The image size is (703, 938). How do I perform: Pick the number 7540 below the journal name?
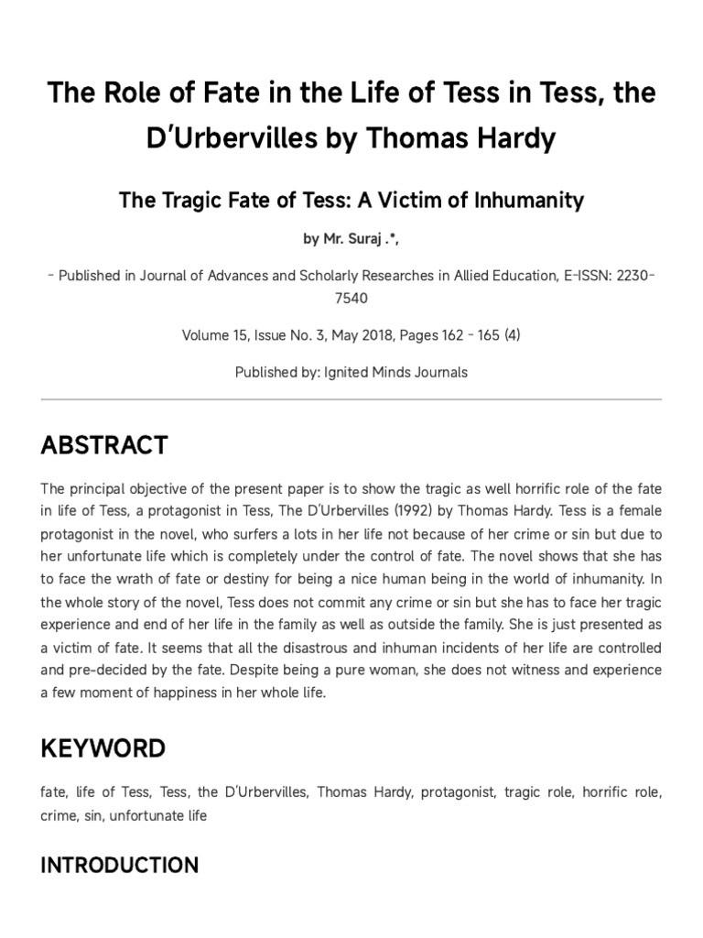click(351, 299)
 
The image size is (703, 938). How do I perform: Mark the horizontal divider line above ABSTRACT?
click(351, 399)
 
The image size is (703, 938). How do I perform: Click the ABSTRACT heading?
click(103, 446)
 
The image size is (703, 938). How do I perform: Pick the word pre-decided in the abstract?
click(104, 671)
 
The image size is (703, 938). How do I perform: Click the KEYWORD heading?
click(103, 748)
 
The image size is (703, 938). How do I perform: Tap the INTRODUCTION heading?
click(120, 866)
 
